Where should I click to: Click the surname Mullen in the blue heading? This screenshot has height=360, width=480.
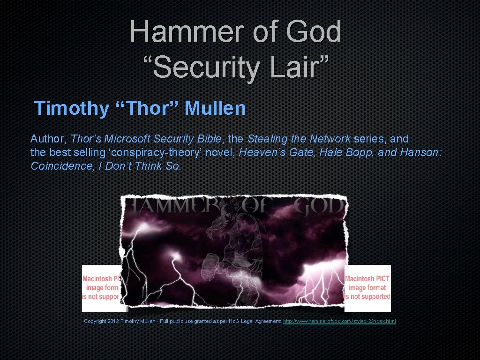tap(215, 108)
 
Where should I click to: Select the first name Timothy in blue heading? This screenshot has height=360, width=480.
tap(71, 108)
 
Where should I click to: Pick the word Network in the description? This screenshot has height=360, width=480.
tap(330, 139)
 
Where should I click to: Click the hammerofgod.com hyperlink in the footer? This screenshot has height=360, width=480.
tap(340, 321)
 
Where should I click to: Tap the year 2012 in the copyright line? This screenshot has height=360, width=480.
tap(113, 321)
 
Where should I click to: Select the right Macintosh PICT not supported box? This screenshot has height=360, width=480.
tap(367, 287)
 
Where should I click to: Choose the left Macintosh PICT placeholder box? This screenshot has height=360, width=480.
tap(101, 287)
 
